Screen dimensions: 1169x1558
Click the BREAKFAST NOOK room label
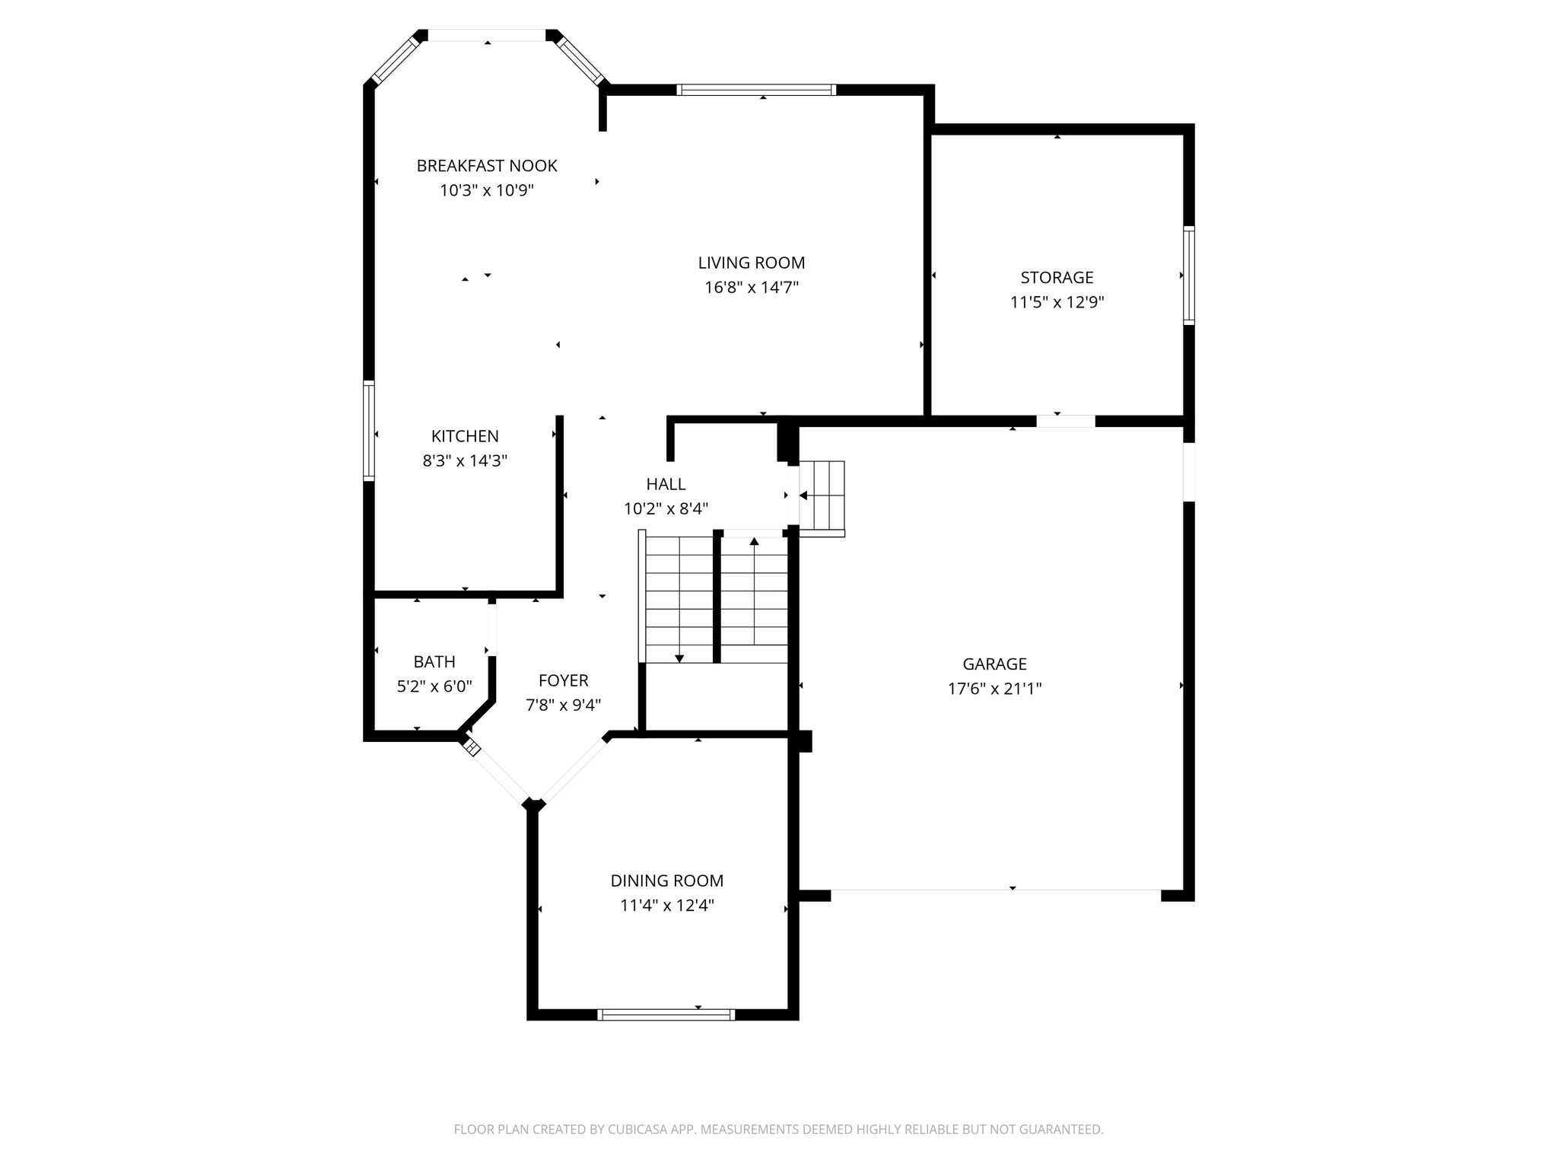point(487,166)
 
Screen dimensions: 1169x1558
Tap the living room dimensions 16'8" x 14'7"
point(751,288)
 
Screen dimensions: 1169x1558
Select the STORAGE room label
point(1057,278)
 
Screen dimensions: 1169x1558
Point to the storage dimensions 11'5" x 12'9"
point(1057,302)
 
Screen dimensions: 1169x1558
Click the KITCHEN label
point(465,436)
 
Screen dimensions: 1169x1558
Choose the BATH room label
point(434,662)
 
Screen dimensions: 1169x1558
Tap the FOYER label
point(563,680)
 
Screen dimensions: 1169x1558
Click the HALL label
point(666,484)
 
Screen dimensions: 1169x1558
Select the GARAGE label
point(994,664)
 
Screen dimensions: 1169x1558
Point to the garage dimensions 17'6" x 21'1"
point(994,689)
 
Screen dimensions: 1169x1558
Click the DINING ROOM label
point(666,881)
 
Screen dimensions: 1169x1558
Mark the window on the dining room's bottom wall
point(666,1014)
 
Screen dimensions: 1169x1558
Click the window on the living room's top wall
point(756,90)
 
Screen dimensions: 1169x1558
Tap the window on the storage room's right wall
point(1188,275)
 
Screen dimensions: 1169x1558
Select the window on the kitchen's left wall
point(369,430)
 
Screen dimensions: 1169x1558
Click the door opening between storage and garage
point(1065,421)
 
